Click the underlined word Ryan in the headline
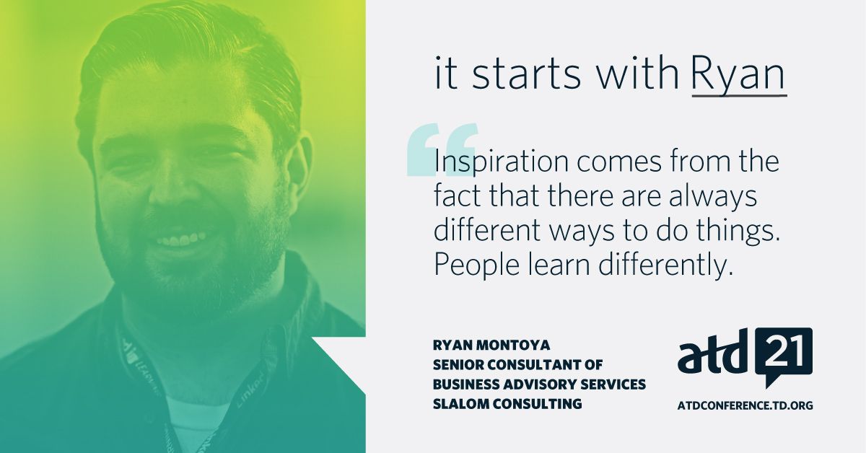[x=739, y=75]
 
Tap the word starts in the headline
[x=526, y=73]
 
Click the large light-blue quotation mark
[x=442, y=149]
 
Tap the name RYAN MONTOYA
[x=491, y=346]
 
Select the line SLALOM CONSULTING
[x=507, y=404]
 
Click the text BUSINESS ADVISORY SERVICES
[x=539, y=384]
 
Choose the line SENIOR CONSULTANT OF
[x=517, y=364]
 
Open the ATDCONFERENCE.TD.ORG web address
[x=745, y=405]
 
